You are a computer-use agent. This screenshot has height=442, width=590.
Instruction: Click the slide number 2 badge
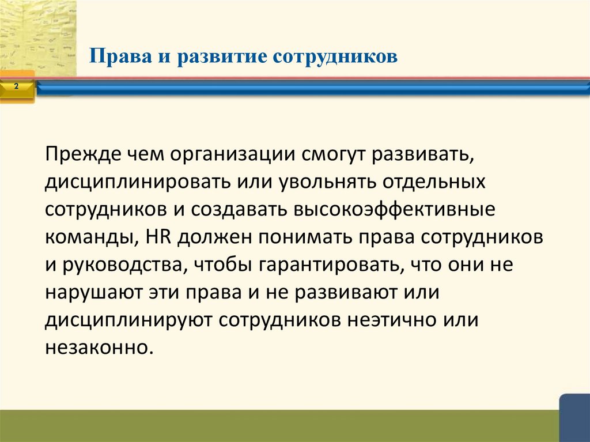coord(16,86)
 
